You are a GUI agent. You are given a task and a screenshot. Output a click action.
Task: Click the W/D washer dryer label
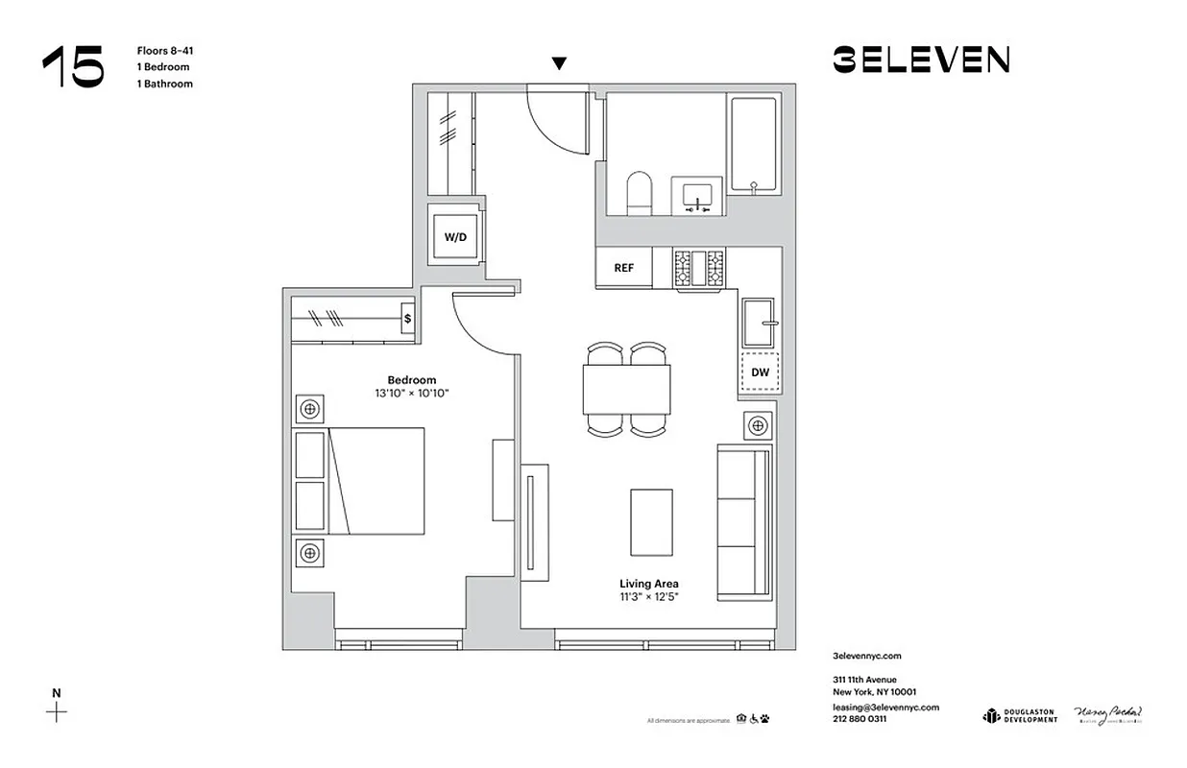click(x=454, y=237)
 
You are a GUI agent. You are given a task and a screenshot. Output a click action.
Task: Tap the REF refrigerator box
click(x=623, y=268)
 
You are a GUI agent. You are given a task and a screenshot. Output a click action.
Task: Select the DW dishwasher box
click(x=759, y=372)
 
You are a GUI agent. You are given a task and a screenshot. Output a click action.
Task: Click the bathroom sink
click(x=697, y=196)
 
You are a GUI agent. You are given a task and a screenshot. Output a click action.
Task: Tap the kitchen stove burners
click(x=699, y=268)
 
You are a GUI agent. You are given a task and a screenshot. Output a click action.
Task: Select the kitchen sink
click(x=760, y=322)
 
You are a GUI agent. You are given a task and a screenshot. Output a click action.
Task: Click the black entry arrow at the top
click(x=559, y=64)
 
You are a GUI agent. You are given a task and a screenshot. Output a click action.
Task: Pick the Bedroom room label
click(x=412, y=380)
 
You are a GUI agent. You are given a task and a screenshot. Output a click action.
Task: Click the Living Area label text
click(x=649, y=584)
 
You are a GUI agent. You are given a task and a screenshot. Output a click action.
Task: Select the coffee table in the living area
click(x=651, y=521)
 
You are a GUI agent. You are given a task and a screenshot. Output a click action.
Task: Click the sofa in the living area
click(x=744, y=522)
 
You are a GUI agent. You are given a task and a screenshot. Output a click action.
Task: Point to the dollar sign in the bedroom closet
click(x=407, y=318)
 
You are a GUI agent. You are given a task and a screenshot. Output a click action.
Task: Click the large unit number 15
click(x=73, y=67)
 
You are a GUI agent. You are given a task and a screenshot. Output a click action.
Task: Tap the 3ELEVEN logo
click(x=920, y=60)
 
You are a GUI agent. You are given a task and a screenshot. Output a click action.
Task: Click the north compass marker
click(x=57, y=711)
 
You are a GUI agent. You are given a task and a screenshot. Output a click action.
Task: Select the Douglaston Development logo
click(x=1019, y=716)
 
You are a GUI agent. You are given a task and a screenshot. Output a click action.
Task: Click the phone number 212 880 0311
click(x=860, y=718)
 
